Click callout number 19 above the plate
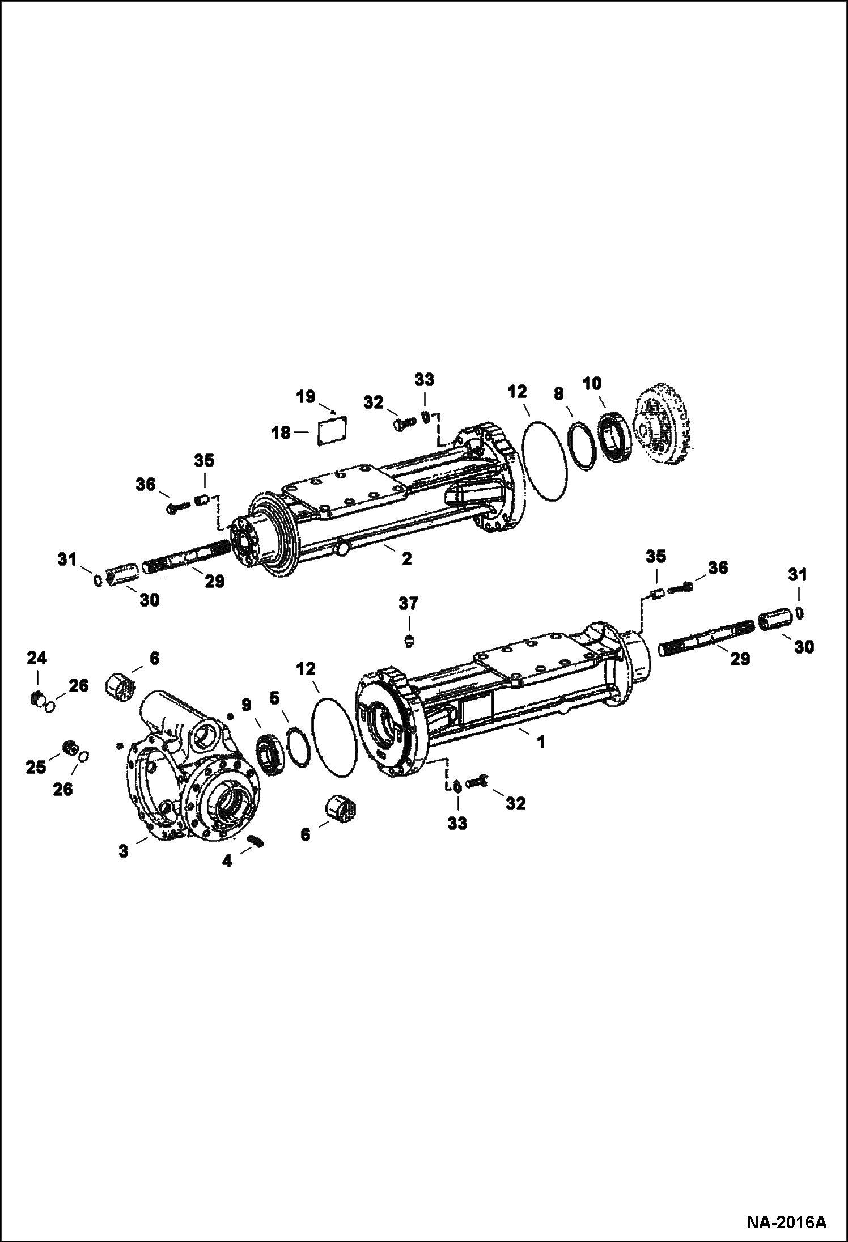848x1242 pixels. [306, 396]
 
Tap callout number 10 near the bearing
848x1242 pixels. [592, 383]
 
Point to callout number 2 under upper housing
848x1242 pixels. [406, 558]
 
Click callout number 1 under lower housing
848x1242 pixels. [541, 741]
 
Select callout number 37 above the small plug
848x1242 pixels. [408, 604]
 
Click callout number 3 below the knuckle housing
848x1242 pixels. [124, 851]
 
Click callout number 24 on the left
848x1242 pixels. [37, 658]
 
